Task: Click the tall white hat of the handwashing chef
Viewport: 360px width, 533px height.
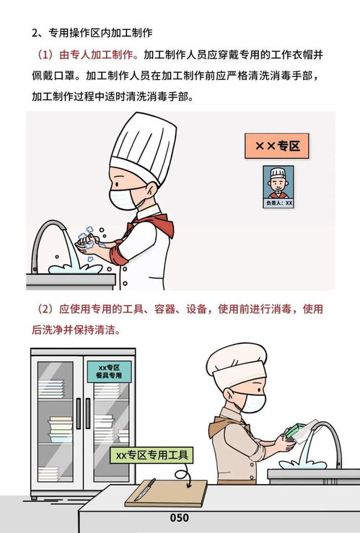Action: [x=143, y=142]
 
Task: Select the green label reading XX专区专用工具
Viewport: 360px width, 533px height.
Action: [x=151, y=455]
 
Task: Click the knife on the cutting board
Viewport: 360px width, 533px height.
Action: [x=144, y=490]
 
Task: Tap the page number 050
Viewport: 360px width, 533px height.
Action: [x=180, y=518]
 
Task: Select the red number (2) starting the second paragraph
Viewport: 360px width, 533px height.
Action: [x=44, y=309]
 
